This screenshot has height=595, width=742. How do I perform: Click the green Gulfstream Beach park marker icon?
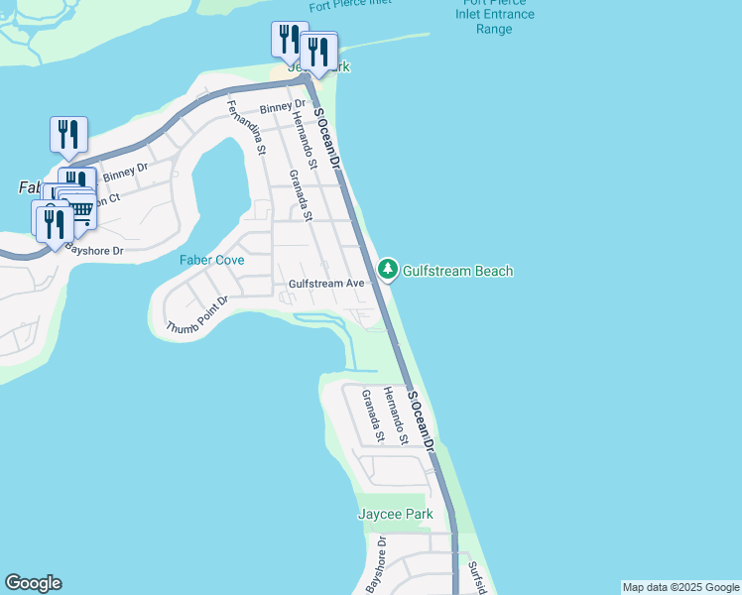point(387,270)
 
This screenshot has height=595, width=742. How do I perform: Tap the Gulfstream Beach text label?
point(457,271)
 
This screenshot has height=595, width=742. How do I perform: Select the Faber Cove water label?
point(211,260)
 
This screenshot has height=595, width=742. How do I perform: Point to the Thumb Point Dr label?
point(198,314)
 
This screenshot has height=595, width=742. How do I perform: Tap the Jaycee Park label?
point(396,515)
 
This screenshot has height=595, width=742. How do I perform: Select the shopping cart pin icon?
point(79,206)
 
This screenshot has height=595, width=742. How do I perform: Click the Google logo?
point(33,583)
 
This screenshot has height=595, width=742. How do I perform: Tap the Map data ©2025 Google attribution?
point(680,587)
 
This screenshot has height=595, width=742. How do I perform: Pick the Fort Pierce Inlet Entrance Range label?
point(494,16)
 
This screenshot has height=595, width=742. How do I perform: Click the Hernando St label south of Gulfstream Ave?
point(397,416)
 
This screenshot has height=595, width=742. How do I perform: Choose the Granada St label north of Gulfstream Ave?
point(301,195)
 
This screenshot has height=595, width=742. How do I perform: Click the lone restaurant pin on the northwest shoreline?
point(68,135)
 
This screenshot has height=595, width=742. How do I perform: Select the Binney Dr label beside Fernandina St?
point(283,106)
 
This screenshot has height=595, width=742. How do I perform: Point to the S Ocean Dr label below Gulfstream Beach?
point(423,421)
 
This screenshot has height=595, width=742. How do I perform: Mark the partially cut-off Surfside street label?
point(478,578)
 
